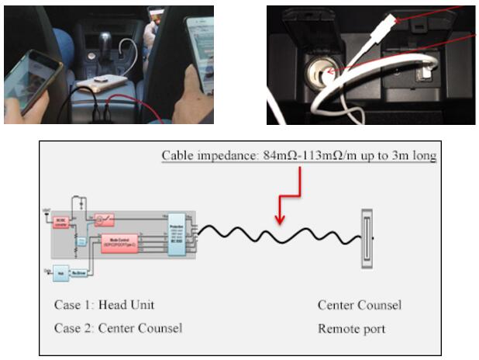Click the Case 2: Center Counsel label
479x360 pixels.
pos(118,327)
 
